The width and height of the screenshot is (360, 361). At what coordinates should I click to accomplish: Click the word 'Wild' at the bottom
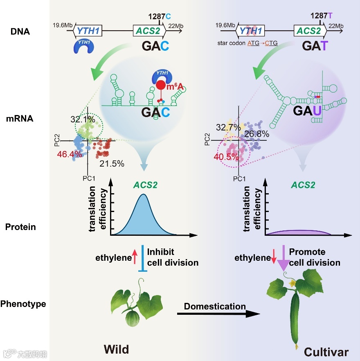116,349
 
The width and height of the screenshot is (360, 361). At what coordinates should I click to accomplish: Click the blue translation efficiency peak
143,217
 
